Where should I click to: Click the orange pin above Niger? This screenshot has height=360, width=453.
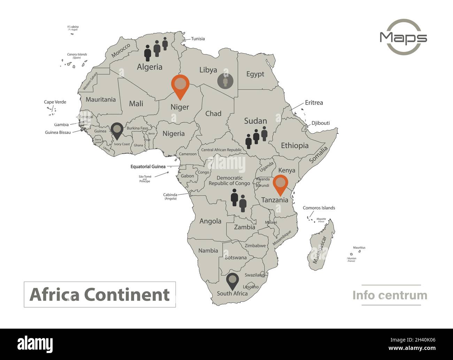point(180,85)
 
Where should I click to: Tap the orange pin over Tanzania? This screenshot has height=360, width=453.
point(280,183)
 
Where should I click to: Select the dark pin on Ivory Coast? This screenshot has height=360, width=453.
point(117,130)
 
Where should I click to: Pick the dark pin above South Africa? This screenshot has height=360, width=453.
point(232,280)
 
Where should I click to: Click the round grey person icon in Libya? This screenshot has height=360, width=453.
point(225,81)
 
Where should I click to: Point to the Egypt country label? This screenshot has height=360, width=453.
point(255,74)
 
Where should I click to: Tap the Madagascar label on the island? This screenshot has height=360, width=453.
point(319,250)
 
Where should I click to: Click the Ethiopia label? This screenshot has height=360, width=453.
point(294,145)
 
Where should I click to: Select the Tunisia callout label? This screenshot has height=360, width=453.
point(198,39)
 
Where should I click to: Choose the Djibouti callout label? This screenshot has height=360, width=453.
point(321,123)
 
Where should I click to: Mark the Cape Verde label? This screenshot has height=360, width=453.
point(55,102)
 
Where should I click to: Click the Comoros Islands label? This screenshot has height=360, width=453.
point(319,208)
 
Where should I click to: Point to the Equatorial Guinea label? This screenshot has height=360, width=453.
point(148,167)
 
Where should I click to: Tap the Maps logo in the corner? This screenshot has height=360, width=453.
point(404,37)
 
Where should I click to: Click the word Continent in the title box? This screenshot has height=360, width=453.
point(127,294)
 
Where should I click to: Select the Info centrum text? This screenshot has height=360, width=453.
point(390,295)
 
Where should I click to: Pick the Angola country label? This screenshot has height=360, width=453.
point(210,221)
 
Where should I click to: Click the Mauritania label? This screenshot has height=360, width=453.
point(100,99)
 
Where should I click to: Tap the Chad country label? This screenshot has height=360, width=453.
point(213,113)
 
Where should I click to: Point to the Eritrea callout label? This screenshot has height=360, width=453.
point(314,102)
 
